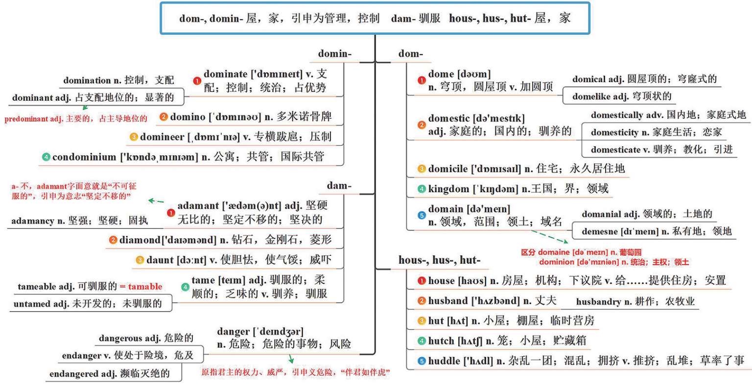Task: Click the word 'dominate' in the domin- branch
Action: (225, 74)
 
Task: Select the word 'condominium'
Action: (85, 157)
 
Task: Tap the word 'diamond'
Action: (140, 240)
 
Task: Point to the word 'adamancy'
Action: (33, 221)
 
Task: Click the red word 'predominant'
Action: (26, 119)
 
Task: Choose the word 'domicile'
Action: (447, 169)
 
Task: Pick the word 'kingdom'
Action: (448, 189)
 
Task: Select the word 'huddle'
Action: (444, 361)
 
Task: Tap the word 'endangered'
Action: (73, 374)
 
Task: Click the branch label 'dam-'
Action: (339, 186)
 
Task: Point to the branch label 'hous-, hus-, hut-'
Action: (439, 260)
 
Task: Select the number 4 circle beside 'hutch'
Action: (422, 341)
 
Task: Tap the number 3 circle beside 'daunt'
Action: (140, 260)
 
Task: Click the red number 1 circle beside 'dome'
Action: (422, 80)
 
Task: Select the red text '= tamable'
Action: (141, 287)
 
